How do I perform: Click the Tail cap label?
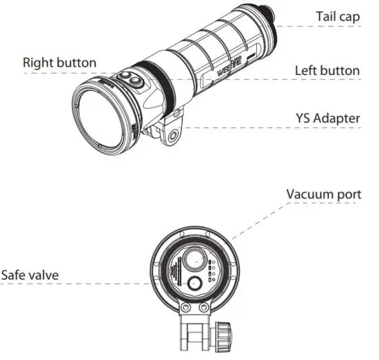tap(337, 16)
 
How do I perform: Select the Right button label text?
tap(59, 62)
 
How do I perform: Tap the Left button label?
tap(327, 70)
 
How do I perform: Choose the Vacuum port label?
tap(323, 194)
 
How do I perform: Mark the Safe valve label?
tap(30, 275)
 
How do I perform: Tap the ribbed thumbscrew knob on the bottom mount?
tap(225, 334)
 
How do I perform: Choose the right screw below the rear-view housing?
tap(205, 308)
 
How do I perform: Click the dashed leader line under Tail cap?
tap(324, 26)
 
